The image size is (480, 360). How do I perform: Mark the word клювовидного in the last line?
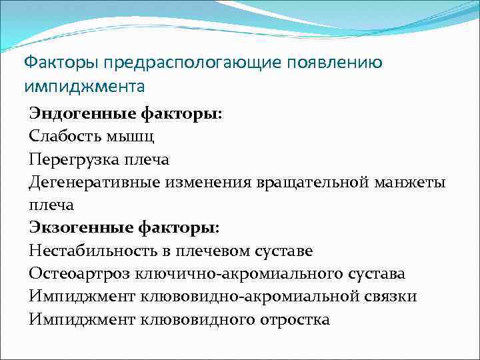pos(203,320)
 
